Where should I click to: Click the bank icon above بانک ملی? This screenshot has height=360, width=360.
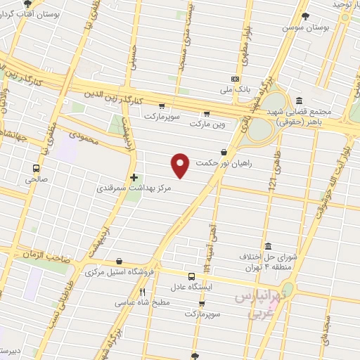tap(235, 79)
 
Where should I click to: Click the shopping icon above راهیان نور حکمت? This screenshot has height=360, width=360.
tap(224, 151)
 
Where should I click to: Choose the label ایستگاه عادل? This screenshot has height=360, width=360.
tap(193, 287)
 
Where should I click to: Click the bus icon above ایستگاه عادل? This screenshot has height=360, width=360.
tap(193, 276)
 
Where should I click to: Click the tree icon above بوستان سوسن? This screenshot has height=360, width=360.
tap(304, 15)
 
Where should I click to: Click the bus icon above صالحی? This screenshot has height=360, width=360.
tap(36, 168)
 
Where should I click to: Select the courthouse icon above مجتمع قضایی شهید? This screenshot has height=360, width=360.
tap(300, 101)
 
